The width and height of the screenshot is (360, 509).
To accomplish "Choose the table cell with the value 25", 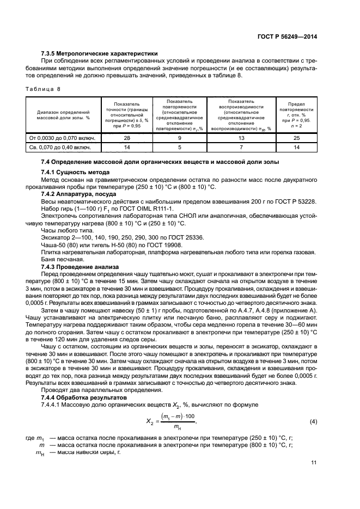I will (x=297, y=138).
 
